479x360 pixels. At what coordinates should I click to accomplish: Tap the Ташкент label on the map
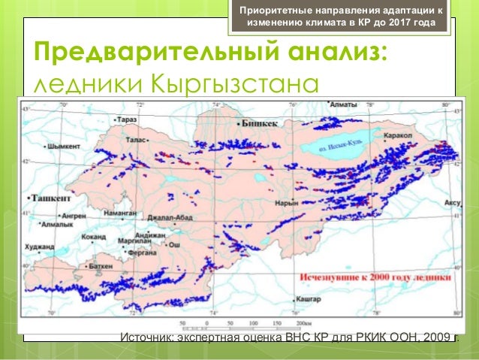50,197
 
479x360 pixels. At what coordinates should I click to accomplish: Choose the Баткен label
100,266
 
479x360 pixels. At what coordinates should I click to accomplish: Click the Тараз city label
126,119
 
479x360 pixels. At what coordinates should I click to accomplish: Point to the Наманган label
121,213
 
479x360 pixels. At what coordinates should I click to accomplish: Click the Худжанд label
39,246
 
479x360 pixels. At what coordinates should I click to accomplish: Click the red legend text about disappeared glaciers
376,277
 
